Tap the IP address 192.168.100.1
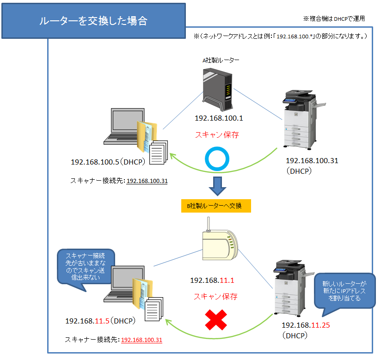click(219, 118)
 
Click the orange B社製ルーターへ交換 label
click(216, 206)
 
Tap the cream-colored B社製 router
click(219, 244)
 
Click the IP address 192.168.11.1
click(212, 280)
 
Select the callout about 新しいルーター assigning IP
click(342, 291)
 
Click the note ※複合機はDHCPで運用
click(334, 19)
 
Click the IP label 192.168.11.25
click(306, 325)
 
